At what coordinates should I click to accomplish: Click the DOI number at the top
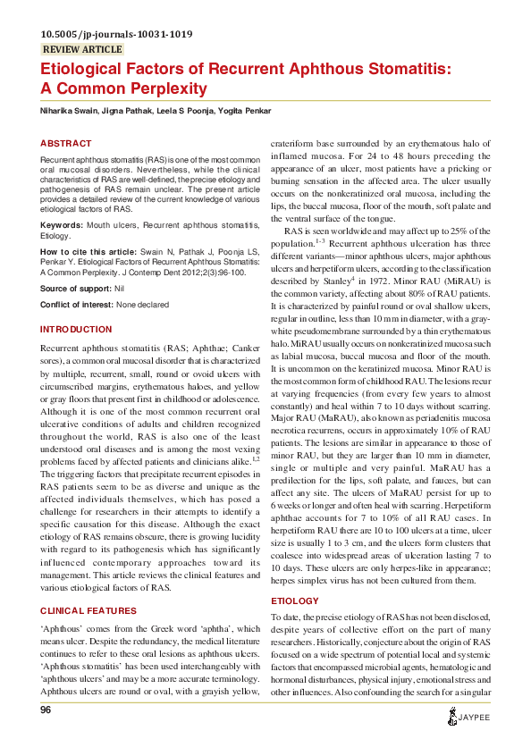(116, 35)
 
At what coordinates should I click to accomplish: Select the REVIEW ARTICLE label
(82, 50)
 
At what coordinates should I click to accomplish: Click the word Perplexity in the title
(153, 88)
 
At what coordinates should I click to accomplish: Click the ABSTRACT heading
(66, 143)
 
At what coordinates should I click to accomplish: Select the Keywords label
(62, 225)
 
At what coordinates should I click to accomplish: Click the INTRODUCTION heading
(76, 330)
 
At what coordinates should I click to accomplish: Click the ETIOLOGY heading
(294, 576)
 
